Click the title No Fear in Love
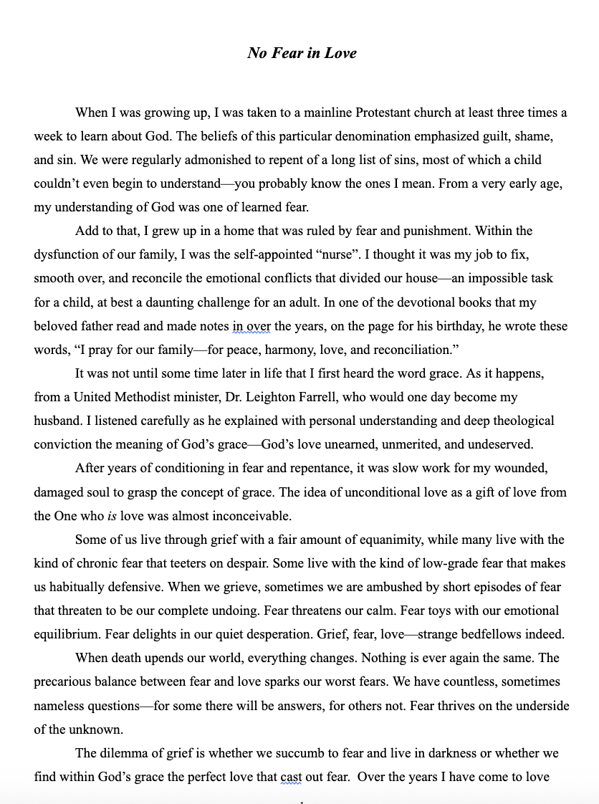pos(302,53)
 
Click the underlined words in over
pos(251,326)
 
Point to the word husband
pos(57,421)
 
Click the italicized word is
pos(112,516)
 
